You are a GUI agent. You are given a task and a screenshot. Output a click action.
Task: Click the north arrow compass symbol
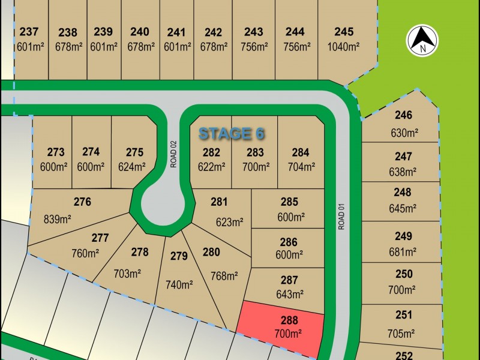423,40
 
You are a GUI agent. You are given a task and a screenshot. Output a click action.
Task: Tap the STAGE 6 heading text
231,133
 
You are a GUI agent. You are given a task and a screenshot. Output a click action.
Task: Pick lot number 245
344,32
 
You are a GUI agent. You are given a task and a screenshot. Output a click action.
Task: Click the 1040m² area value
344,47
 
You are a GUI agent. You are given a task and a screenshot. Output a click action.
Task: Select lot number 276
82,202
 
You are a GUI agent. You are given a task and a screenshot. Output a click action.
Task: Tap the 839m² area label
57,220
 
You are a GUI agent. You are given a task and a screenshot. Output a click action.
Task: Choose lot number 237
28,32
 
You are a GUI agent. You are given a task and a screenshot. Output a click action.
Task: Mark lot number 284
301,152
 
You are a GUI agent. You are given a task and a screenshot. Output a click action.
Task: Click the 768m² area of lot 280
224,276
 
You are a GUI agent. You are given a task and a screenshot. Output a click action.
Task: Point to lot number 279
179,256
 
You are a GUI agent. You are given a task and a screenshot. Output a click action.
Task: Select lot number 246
403,115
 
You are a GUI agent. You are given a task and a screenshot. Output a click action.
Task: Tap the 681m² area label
403,252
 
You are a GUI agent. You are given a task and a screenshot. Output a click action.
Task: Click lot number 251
404,314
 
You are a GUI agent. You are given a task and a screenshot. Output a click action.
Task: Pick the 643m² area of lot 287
289,295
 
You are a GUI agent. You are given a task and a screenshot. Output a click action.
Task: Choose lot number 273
55,152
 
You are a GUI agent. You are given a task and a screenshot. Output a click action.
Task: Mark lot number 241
176,32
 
